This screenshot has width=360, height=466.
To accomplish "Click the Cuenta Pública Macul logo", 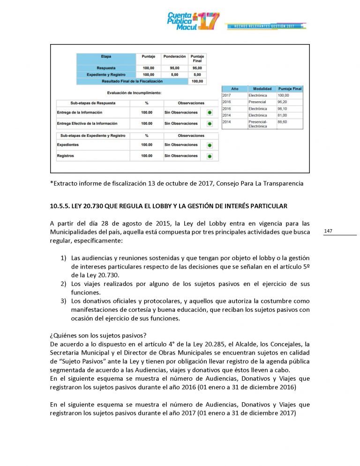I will (193, 21).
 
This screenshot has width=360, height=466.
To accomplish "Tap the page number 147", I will (328, 231).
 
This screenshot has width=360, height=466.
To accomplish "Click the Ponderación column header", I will (174, 56).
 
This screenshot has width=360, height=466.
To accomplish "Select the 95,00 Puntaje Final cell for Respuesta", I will (197, 68).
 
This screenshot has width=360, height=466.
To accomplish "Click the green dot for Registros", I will (210, 156).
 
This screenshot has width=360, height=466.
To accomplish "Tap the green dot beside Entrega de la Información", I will (210, 113).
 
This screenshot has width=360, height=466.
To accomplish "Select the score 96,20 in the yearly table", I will (283, 102).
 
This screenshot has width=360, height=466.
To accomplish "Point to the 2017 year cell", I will (227, 95).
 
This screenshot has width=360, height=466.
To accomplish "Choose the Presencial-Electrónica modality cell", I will (258, 124).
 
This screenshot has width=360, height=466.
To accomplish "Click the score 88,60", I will (283, 121).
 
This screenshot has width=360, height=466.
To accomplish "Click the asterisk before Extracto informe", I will (51, 183).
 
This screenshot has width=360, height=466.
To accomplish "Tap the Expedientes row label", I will (68, 145).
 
